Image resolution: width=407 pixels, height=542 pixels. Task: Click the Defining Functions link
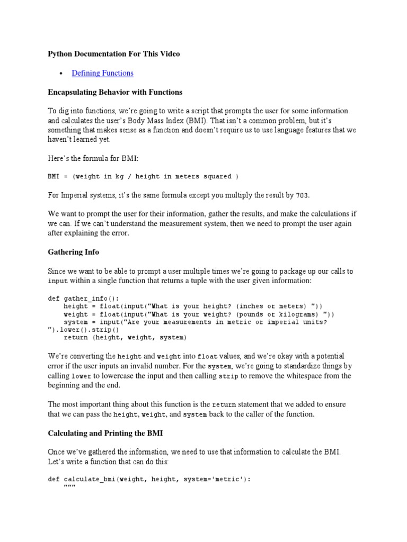(102, 73)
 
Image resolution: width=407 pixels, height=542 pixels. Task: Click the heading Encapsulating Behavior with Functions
(115, 92)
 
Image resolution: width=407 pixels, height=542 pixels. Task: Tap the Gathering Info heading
(73, 252)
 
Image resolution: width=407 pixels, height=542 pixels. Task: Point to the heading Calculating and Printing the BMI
(105, 433)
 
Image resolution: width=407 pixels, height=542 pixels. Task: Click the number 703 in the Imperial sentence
(302, 195)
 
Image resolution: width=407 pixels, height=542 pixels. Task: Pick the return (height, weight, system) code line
(125, 337)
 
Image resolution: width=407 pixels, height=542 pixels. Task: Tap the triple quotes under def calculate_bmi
(69, 487)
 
